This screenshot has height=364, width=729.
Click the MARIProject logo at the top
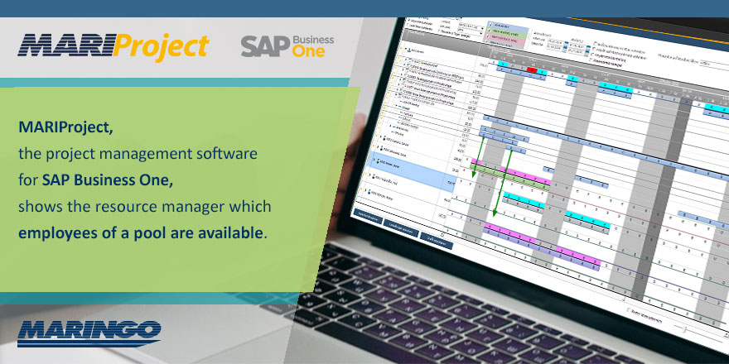[x=113, y=45]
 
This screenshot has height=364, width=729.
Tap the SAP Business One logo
[x=287, y=45]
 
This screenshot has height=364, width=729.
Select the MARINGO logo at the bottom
[x=89, y=330]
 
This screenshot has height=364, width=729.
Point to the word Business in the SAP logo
[x=312, y=39]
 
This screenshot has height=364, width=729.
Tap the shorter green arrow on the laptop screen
[x=475, y=157]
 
